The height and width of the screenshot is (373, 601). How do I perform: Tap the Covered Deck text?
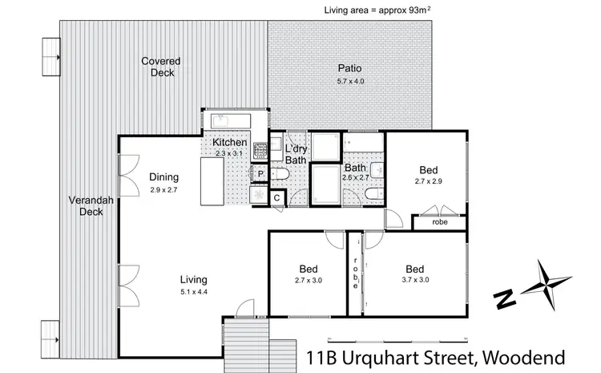161,67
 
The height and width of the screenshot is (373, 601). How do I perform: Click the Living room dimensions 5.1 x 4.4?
193,293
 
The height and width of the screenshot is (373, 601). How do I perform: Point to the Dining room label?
163,177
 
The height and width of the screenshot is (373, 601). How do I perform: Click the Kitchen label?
229,143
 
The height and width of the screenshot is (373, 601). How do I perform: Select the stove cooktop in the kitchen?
260,151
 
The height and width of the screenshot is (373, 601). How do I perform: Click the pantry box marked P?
260,173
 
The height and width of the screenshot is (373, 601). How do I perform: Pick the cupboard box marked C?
277,197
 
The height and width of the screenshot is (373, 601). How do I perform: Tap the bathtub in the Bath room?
325,184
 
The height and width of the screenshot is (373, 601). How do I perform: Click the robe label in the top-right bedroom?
439,222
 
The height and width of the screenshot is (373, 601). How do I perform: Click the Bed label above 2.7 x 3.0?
308,268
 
